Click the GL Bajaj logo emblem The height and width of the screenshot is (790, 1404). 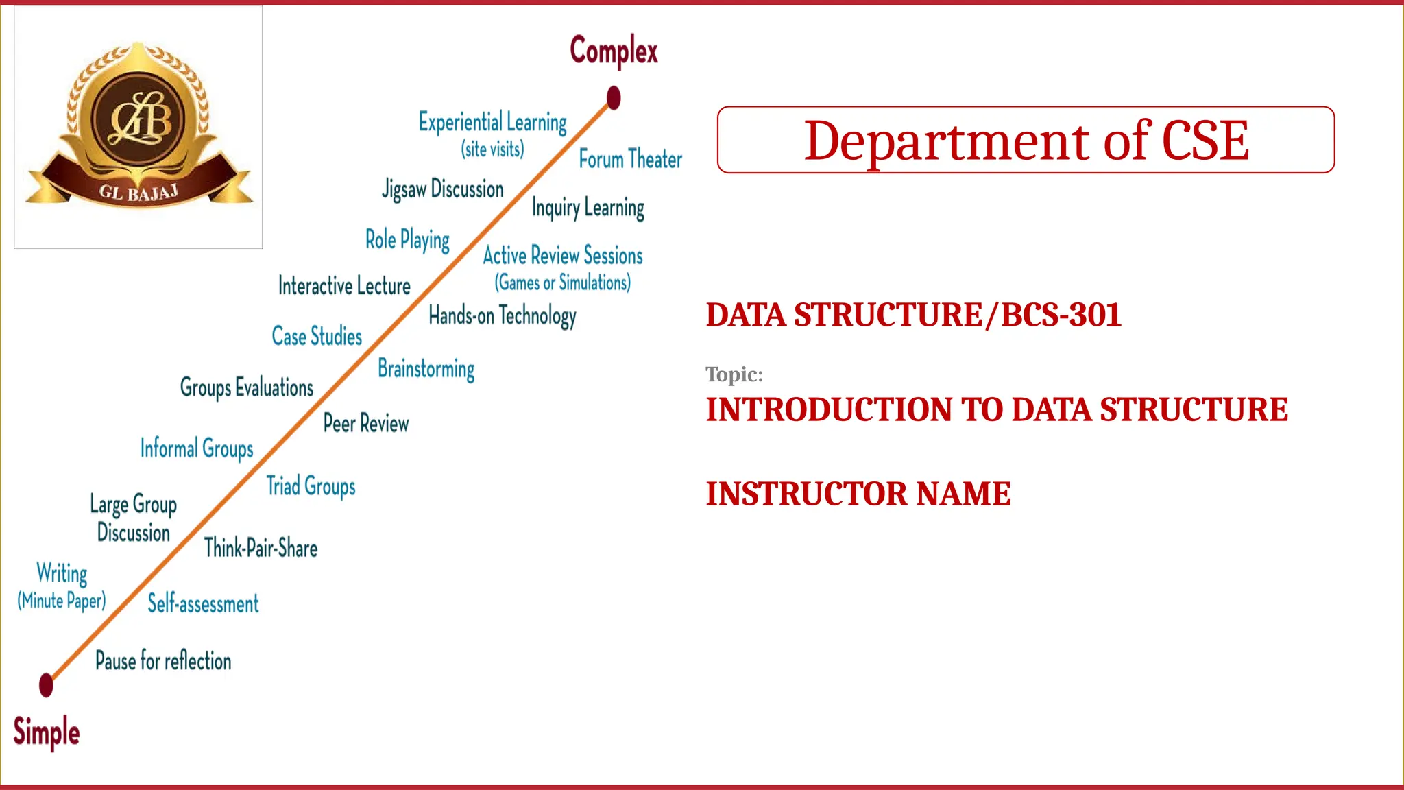138,127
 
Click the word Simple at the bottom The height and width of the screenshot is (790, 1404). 47,731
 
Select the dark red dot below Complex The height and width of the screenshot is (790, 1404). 614,98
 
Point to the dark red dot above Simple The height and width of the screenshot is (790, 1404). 46,684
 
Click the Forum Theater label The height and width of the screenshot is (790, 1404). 630,159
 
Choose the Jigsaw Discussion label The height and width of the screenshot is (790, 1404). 443,189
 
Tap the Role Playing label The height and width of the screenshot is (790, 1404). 407,240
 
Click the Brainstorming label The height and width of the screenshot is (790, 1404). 426,369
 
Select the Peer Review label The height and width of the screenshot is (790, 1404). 365,423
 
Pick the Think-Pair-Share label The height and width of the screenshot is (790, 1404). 261,548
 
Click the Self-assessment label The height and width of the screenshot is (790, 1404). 203,603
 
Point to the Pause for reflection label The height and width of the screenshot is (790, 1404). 163,661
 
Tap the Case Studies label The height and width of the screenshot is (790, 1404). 317,336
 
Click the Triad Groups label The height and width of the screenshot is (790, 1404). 311,486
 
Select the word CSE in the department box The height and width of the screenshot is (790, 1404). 1205,141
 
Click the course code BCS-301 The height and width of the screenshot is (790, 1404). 1061,315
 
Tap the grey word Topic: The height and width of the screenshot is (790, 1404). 734,374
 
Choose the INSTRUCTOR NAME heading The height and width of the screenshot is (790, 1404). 858,494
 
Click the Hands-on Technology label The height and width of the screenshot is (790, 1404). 502,316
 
